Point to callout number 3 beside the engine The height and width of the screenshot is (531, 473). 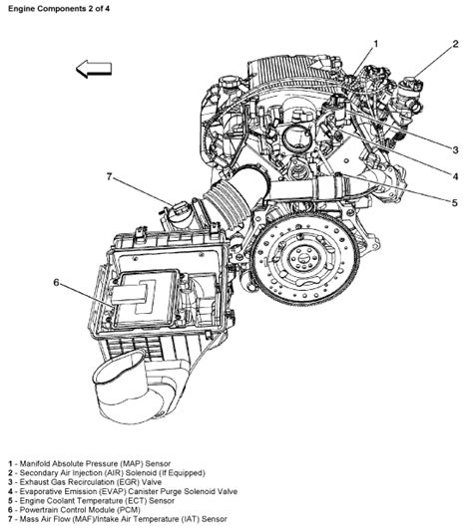pyautogui.click(x=454, y=149)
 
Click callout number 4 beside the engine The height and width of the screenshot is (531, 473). pyautogui.click(x=454, y=177)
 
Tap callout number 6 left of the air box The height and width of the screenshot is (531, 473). pyautogui.click(x=57, y=283)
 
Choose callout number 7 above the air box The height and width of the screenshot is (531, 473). pyautogui.click(x=112, y=177)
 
